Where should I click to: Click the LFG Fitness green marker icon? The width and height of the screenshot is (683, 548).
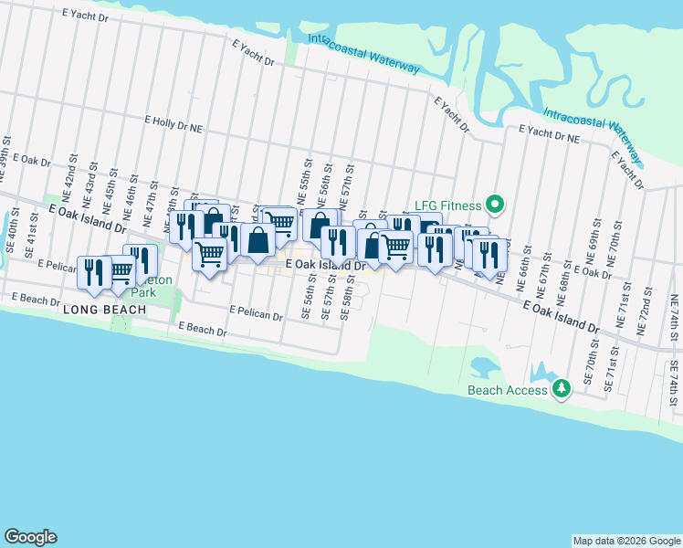(x=495, y=205)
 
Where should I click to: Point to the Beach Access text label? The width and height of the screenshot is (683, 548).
(x=508, y=390)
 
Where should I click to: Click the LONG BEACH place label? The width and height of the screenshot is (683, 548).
(x=106, y=311)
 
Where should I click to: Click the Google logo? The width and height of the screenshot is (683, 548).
(x=30, y=537)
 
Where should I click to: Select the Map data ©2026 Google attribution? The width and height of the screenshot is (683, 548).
(x=625, y=541)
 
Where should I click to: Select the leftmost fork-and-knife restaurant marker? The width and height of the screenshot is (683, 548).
(x=94, y=271)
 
